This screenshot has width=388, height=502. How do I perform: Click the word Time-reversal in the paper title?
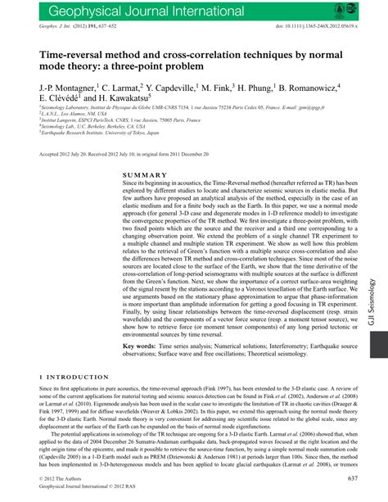(75, 51)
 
